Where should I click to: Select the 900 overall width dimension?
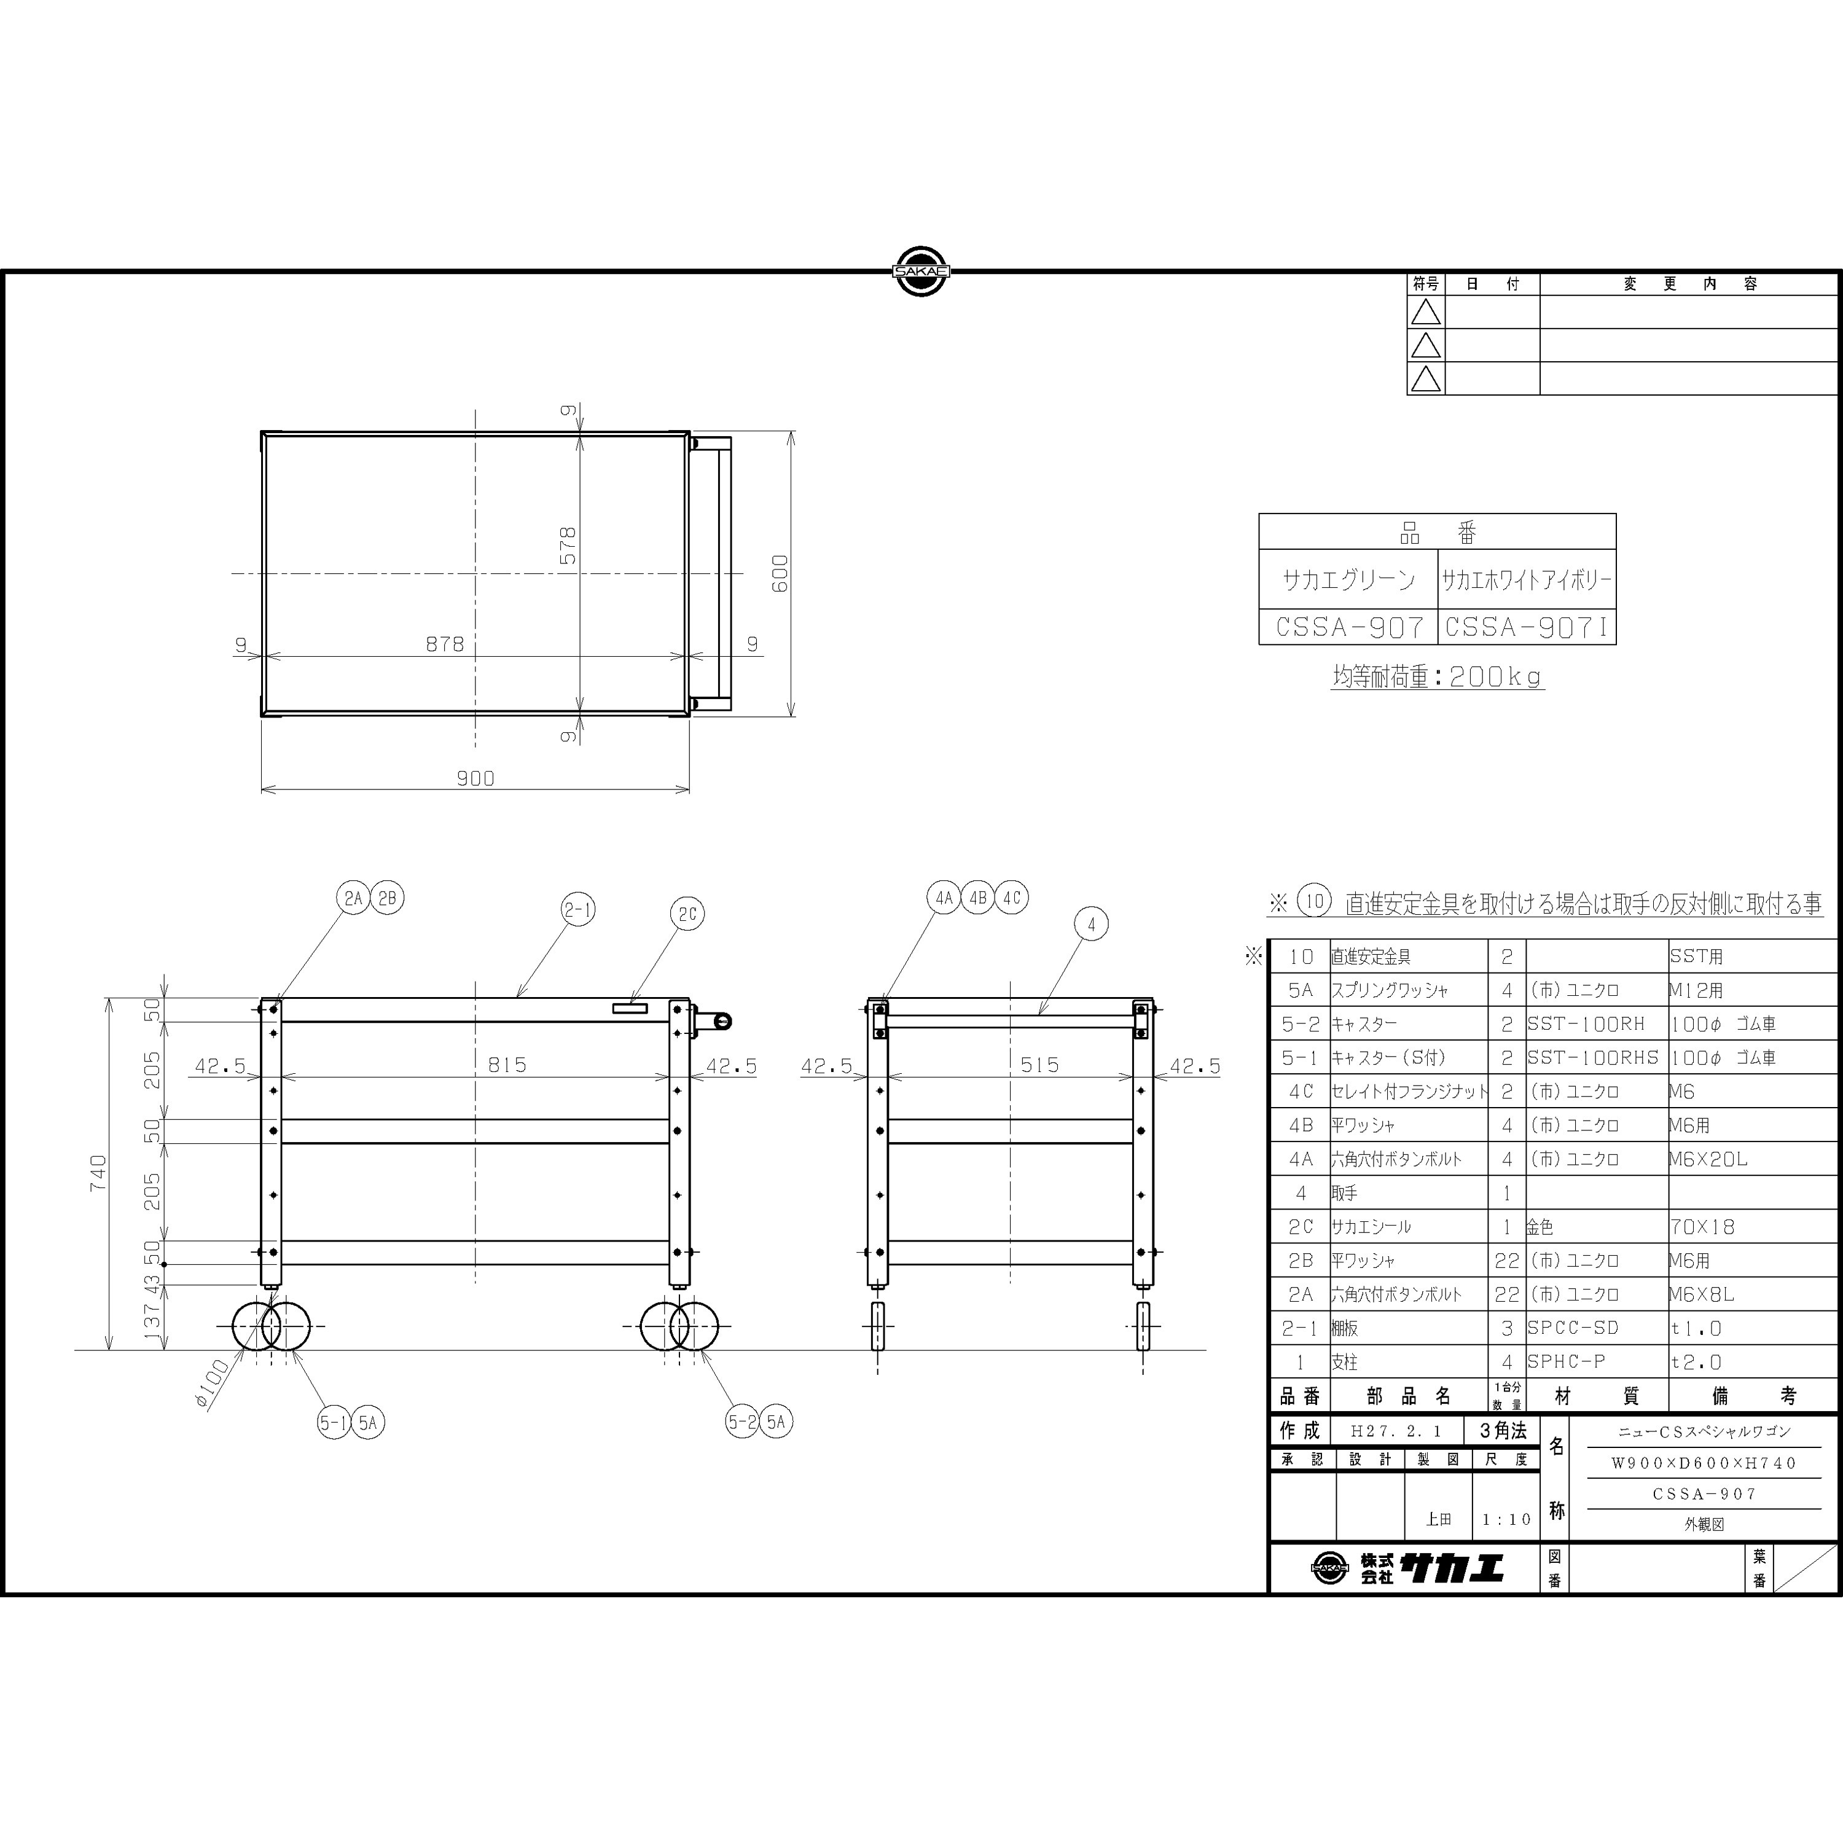[x=475, y=778]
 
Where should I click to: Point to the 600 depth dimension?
[x=780, y=573]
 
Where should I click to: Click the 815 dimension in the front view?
[x=507, y=1065]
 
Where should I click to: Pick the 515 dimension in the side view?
[x=1040, y=1065]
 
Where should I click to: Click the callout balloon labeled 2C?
[x=688, y=914]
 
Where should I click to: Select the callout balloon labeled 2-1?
[x=578, y=910]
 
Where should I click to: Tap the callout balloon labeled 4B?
[x=978, y=898]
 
